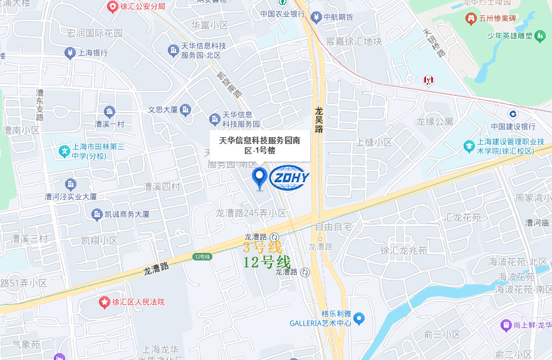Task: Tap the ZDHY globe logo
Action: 289,177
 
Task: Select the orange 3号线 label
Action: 263,247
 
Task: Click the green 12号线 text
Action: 266,262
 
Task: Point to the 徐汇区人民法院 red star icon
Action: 104,302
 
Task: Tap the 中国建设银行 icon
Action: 513,113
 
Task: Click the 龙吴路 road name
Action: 318,120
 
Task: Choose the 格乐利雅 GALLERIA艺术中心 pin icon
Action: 358,319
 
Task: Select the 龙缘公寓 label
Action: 435,121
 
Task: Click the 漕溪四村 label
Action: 162,187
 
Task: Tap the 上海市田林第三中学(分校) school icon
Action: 64,151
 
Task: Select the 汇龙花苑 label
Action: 462,218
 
